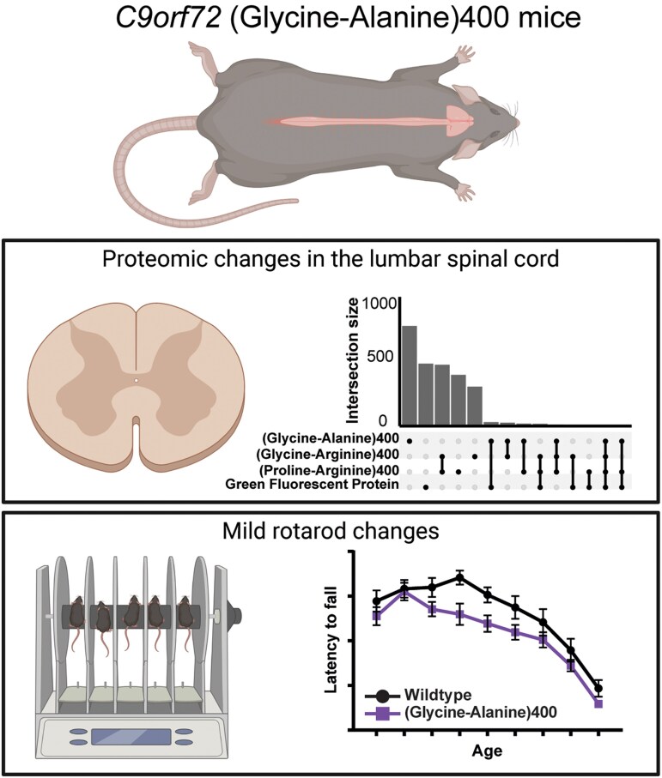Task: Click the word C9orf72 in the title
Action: click(169, 17)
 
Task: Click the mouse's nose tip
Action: click(518, 121)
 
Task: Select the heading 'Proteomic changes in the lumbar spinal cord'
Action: click(331, 259)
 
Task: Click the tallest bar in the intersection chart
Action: click(410, 376)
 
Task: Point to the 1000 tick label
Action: click(380, 303)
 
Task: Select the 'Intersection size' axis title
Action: click(353, 361)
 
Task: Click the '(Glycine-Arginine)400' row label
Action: click(327, 454)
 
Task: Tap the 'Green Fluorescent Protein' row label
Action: click(312, 485)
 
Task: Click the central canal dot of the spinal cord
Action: click(136, 381)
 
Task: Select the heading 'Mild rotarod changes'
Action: click(331, 531)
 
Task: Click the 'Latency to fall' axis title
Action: click(331, 640)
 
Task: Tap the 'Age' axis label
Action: click(487, 751)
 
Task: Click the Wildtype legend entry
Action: click(418, 695)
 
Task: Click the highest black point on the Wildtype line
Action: click(460, 577)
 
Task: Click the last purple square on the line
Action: click(598, 703)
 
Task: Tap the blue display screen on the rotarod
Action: click(131, 736)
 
